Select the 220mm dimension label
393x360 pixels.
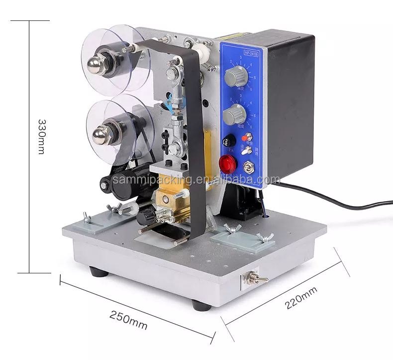pyautogui.click(x=302, y=298)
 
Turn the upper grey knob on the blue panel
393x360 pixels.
pyautogui.click(x=232, y=77)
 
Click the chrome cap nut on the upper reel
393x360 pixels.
pyautogui.click(x=95, y=63)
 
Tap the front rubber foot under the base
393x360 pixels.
pyautogui.click(x=202, y=304)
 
